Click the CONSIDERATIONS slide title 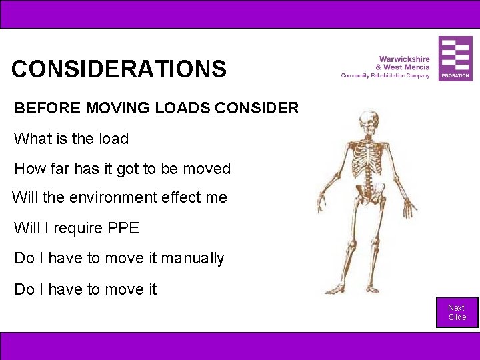pyautogui.click(x=119, y=69)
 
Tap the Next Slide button pyautogui.click(x=457, y=312)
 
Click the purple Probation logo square pyautogui.click(x=455, y=59)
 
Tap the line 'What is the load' pyautogui.click(x=71, y=139)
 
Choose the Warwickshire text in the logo pyautogui.click(x=404, y=59)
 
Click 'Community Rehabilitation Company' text pyautogui.click(x=385, y=75)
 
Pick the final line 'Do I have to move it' pyautogui.click(x=85, y=289)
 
